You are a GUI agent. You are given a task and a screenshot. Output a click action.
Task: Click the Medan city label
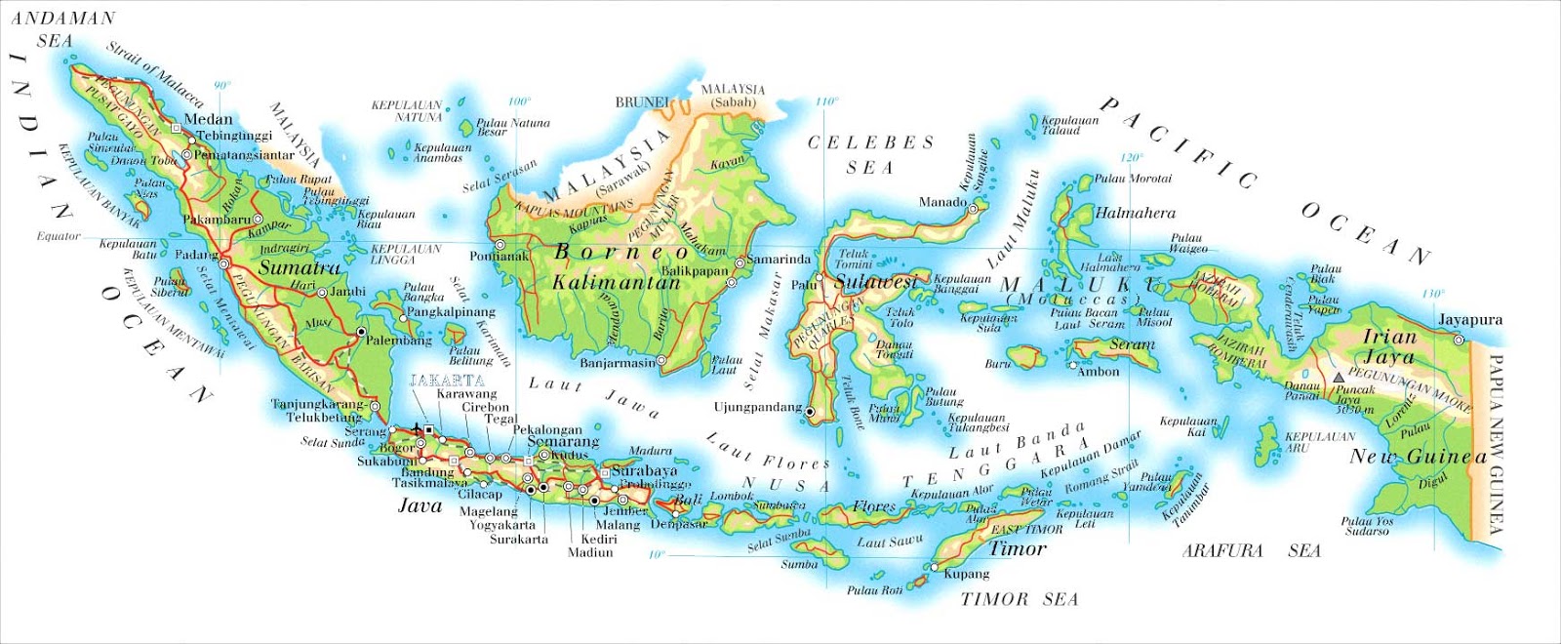208,119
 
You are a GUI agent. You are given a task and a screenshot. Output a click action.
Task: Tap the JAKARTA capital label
447,380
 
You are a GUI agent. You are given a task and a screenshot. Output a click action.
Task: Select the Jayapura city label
1469,319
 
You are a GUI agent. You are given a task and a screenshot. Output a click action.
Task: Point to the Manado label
942,202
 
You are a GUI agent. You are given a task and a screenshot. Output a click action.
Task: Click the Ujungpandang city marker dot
810,413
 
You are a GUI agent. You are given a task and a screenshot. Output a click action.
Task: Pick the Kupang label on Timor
966,574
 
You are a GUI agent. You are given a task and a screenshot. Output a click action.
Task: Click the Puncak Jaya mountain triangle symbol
1338,376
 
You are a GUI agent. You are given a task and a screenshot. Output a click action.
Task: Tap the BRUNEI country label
641,101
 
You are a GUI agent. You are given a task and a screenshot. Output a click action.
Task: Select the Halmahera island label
1135,212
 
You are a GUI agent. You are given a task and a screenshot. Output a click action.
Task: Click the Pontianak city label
499,256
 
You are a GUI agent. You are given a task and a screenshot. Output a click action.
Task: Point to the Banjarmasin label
618,362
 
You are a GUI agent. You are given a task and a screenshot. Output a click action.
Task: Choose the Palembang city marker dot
361,332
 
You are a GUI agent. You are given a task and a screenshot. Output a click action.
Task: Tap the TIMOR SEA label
1019,599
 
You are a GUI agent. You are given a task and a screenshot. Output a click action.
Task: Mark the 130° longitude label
1432,293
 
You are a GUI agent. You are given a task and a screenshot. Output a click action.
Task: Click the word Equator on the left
59,236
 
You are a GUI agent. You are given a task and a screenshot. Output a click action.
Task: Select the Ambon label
1098,371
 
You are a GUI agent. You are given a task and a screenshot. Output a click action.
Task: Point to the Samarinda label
778,259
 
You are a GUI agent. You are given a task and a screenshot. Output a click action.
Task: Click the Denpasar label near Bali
678,524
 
